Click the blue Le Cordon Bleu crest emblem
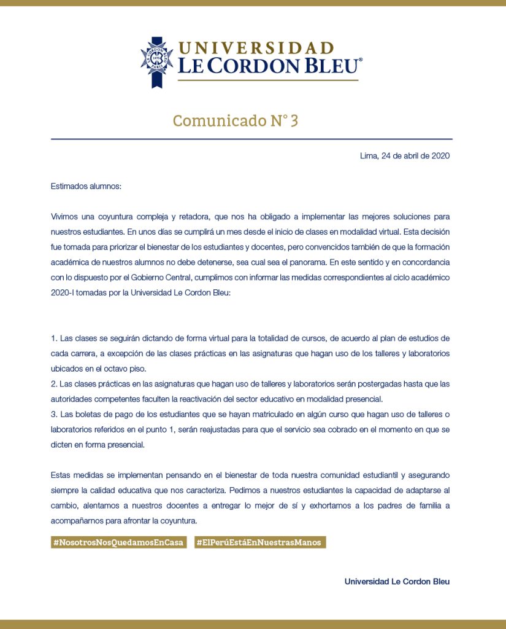point(156,60)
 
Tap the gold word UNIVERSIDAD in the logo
point(256,48)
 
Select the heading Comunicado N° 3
point(236,120)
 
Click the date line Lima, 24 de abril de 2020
point(405,156)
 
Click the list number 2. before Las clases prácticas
point(54,384)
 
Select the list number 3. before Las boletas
point(54,414)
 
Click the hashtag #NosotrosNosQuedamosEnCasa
point(119,542)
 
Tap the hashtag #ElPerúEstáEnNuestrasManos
point(259,542)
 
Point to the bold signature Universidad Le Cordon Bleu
point(397,581)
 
